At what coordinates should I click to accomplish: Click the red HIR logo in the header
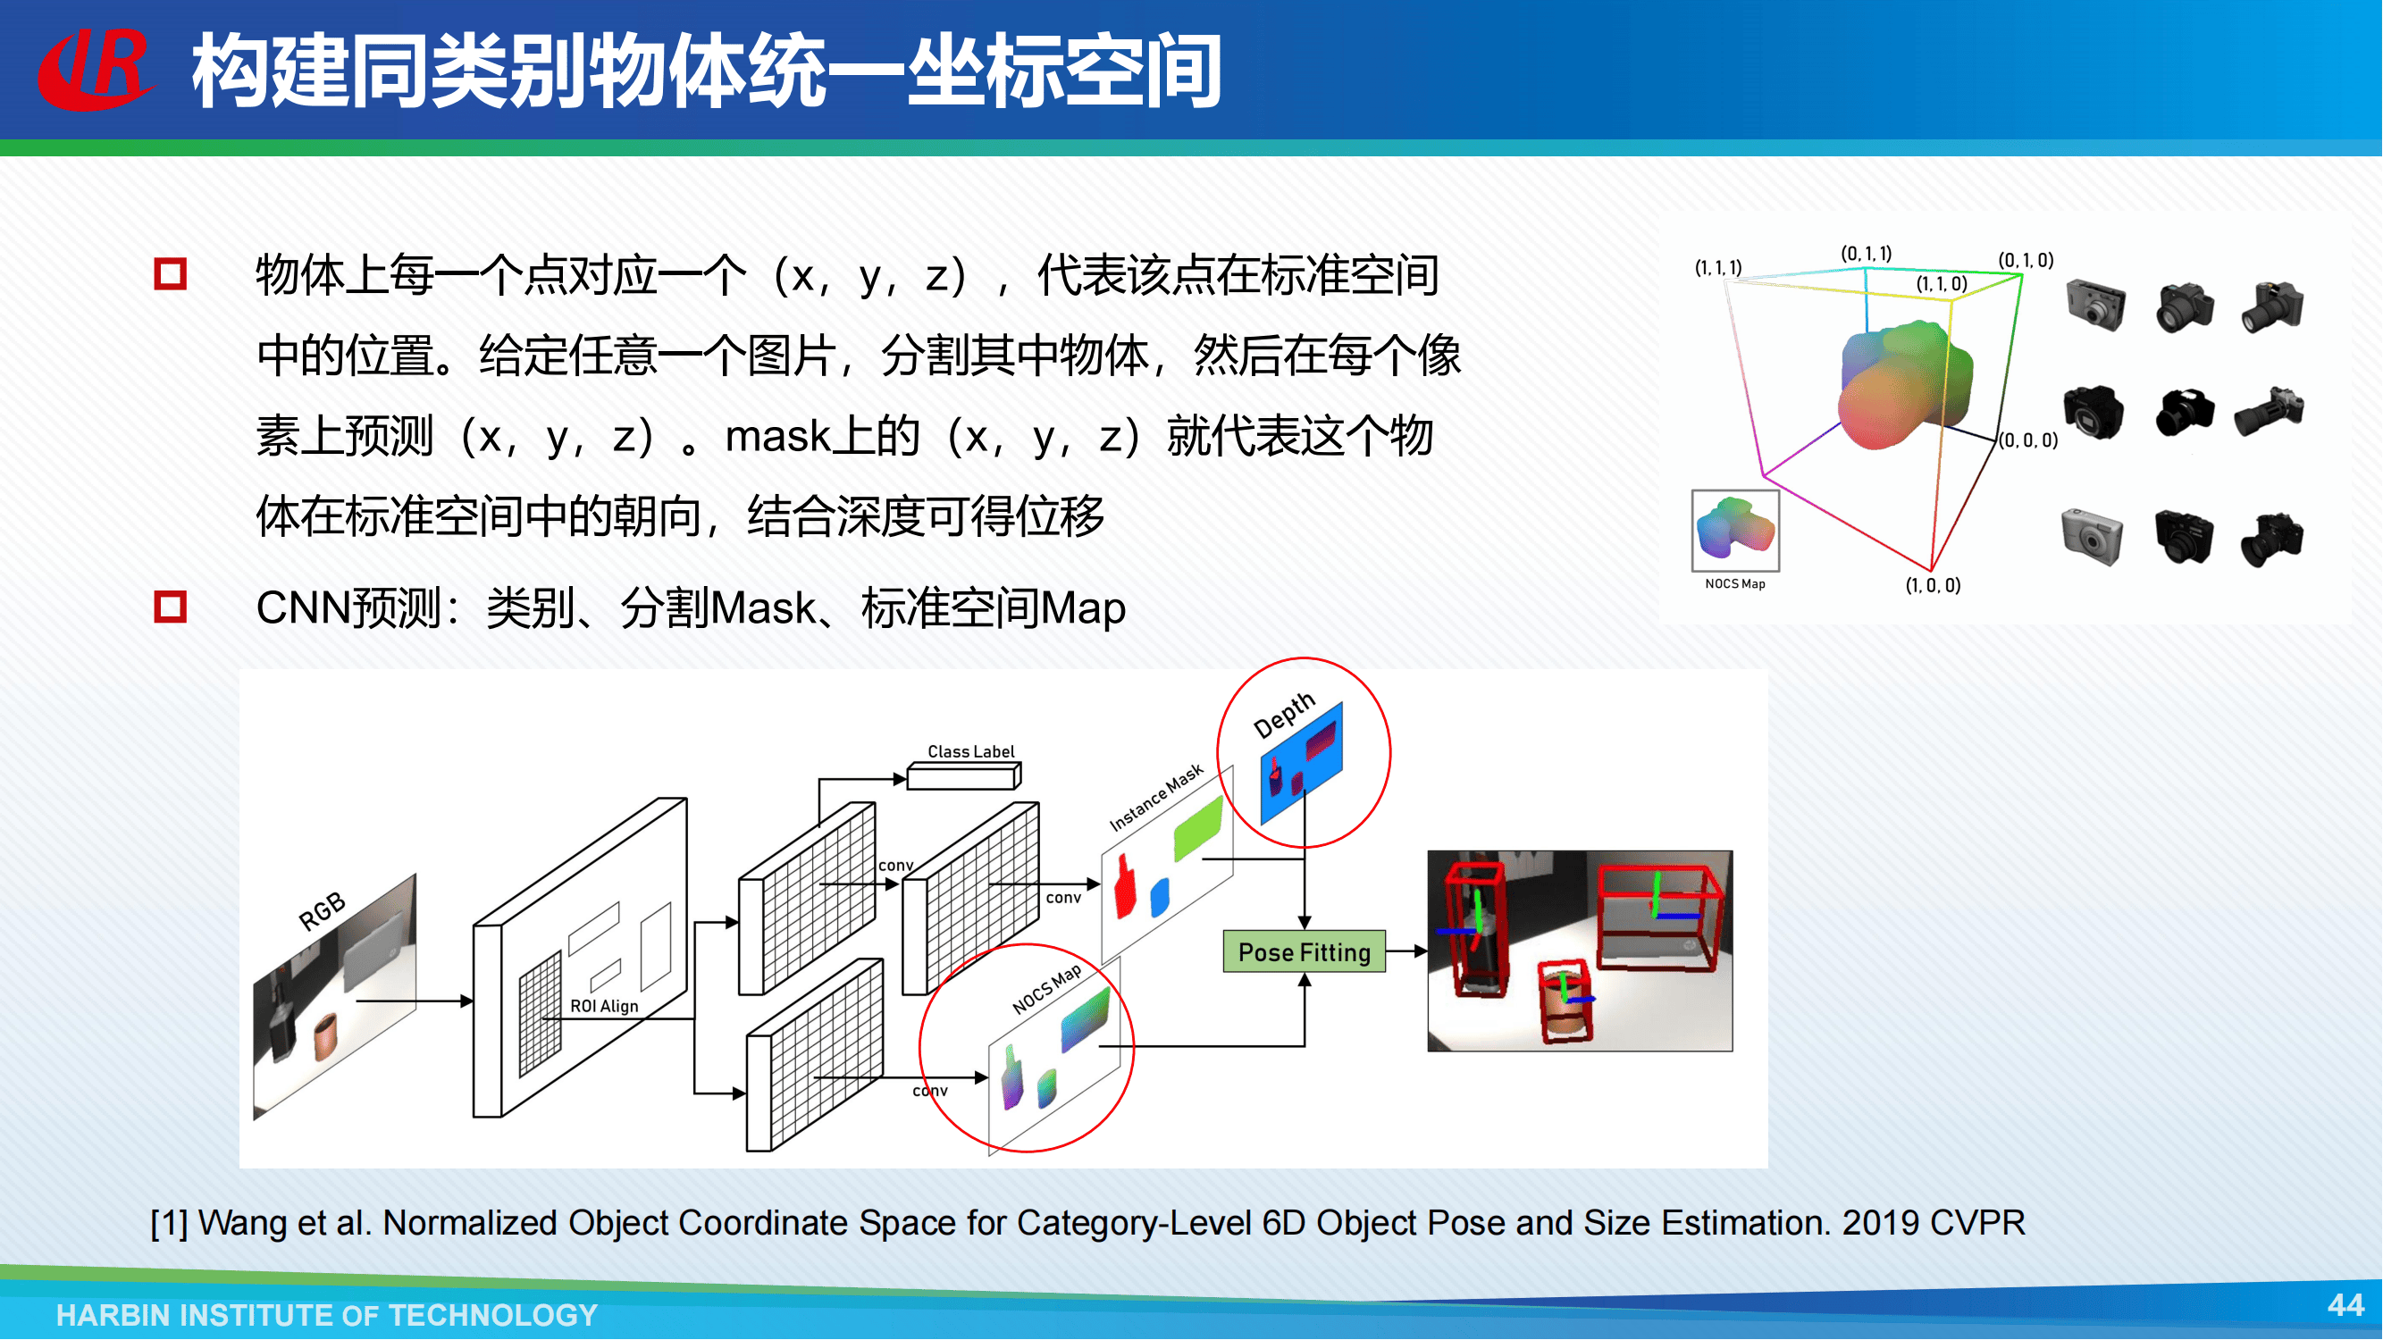pos(95,70)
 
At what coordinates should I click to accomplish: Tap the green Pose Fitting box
pos(1305,951)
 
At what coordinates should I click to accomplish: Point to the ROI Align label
pos(604,1006)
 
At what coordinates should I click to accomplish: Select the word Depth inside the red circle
pos(1284,715)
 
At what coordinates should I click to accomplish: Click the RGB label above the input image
pos(322,911)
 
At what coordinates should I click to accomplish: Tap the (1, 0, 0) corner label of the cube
pos(1933,585)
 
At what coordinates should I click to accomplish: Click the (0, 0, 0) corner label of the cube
pos(2027,440)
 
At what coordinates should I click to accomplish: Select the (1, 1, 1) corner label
pos(1718,267)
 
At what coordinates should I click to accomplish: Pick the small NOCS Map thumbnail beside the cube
pos(1735,531)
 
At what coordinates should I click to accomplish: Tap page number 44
pos(2346,1305)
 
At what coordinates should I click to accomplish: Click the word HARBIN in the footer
pos(112,1315)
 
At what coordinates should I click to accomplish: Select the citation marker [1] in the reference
pos(169,1224)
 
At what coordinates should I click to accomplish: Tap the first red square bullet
pos(170,273)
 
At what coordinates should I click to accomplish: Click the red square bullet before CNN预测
pos(170,607)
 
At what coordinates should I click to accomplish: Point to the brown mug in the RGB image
pos(325,1035)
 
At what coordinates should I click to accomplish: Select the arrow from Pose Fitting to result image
pos(1406,951)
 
